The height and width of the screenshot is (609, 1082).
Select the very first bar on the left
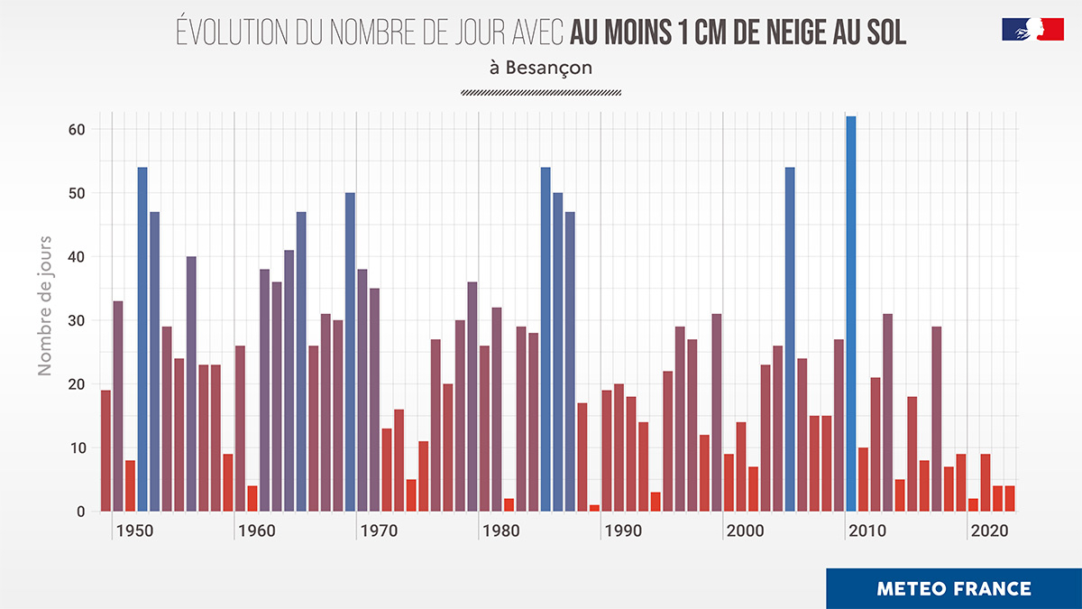105,450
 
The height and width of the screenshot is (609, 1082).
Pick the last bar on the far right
1010,499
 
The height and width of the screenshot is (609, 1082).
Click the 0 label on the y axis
80,512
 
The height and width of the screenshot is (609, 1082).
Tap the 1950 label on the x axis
134,531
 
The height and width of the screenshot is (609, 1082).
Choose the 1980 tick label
501,531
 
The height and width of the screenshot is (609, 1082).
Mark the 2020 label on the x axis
989,531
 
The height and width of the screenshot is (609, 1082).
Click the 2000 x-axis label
745,531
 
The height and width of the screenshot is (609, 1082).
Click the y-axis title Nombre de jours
45,306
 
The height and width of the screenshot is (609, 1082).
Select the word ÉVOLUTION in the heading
230,33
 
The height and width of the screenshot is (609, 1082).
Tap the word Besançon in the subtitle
548,68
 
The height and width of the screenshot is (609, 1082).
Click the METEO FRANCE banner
953,589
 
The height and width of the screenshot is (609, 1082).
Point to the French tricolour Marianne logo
1032,29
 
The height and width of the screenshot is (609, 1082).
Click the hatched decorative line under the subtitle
540,92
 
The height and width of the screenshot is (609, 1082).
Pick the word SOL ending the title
885,33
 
